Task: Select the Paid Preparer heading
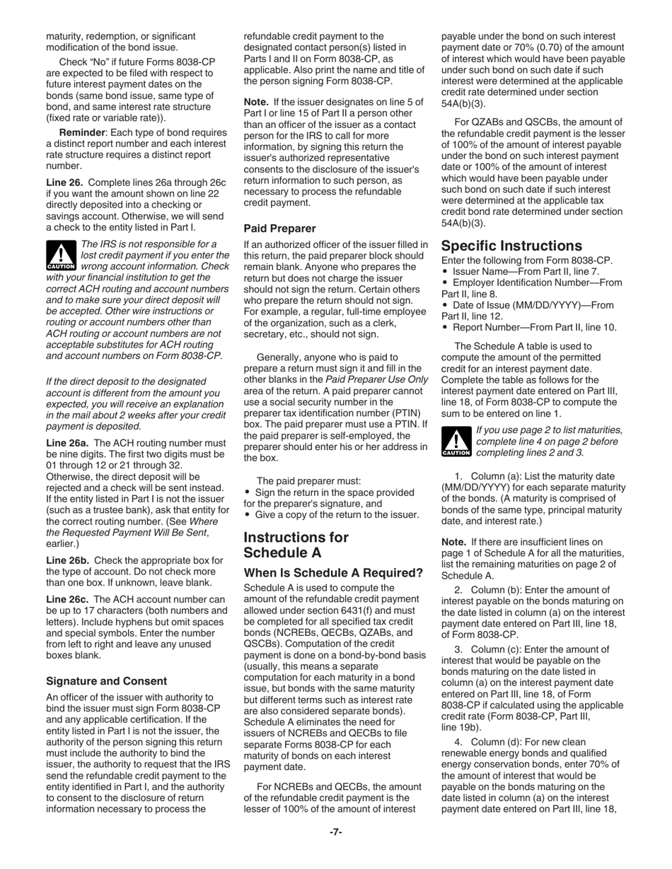coord(279,228)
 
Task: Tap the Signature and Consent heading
coord(106,681)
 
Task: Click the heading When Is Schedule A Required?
coord(333,572)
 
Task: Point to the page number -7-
coord(335,832)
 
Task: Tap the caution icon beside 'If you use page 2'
coord(456,441)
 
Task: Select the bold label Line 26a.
coord(68,443)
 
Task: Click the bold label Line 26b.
coord(68,560)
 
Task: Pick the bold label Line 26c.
coord(68,599)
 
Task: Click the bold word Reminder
coord(82,133)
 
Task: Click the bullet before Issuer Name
coord(445,271)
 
